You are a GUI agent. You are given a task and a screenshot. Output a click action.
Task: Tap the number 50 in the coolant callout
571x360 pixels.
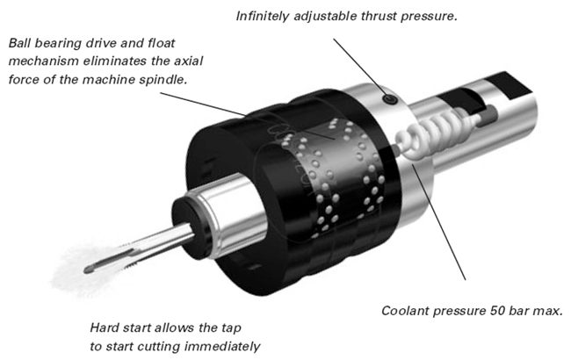coord(496,311)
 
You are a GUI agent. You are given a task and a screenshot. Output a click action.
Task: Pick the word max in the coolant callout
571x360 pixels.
coord(546,311)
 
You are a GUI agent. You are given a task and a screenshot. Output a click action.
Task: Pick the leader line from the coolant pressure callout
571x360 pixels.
coord(439,228)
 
